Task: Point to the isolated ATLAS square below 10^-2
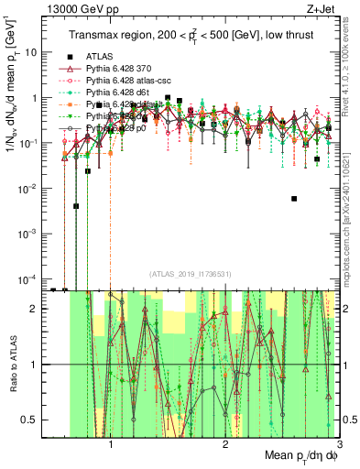[294, 198]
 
